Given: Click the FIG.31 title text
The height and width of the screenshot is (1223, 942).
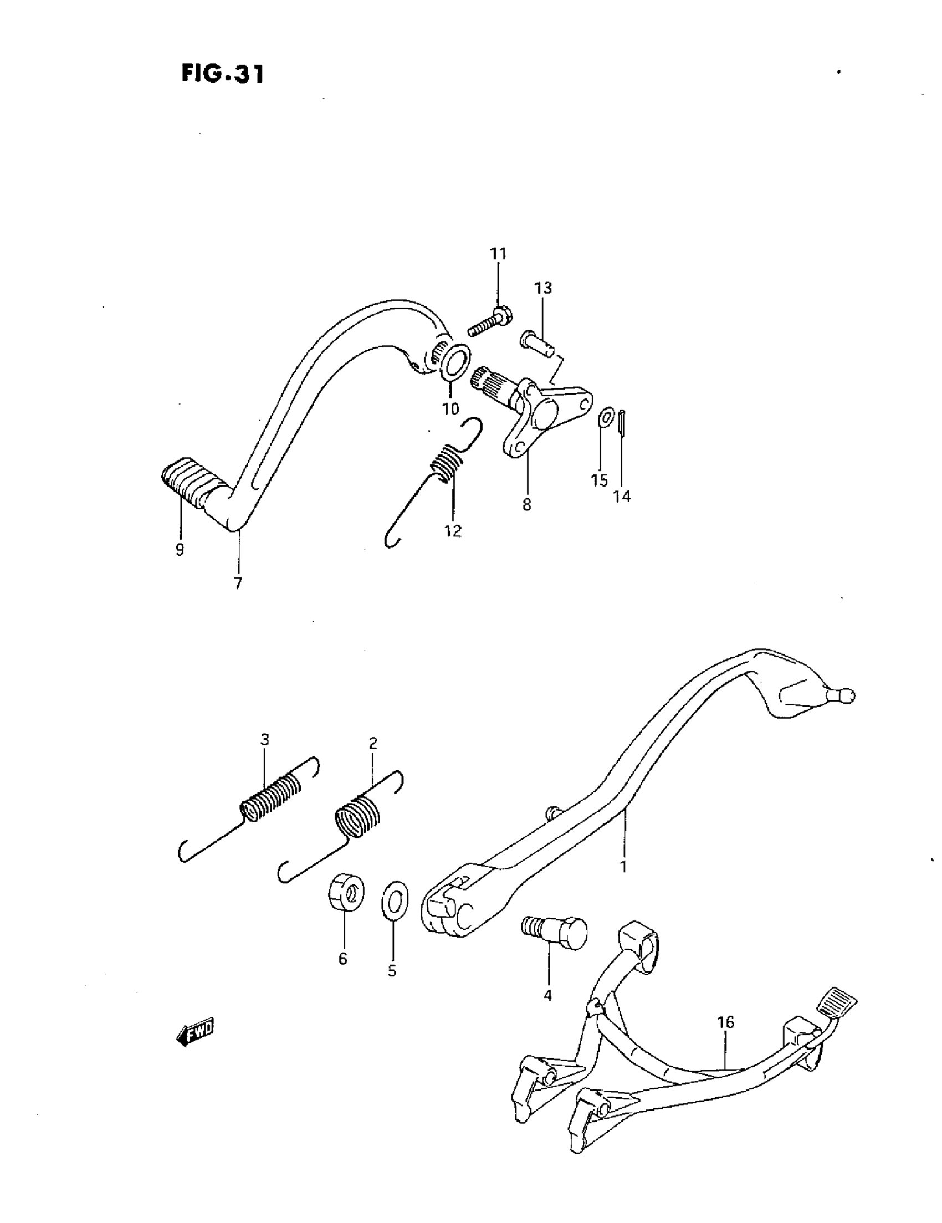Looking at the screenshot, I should [222, 73].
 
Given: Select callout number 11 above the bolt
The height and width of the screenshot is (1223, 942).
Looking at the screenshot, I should [498, 254].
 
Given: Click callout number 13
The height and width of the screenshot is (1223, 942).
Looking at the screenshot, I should [542, 288].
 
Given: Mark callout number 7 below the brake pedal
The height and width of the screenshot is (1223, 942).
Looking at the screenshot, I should [238, 584].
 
